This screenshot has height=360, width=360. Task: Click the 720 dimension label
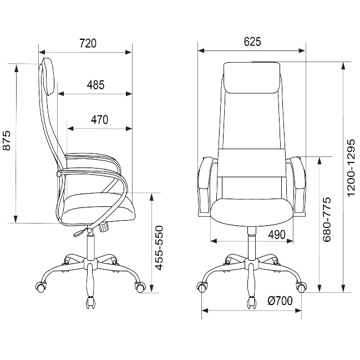[x=88, y=43]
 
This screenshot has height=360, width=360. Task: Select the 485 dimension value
[x=95, y=85]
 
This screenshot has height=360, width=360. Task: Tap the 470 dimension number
[x=100, y=120]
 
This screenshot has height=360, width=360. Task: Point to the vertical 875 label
[x=7, y=140]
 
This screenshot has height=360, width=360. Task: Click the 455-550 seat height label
[x=159, y=248]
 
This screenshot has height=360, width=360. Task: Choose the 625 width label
[x=252, y=42]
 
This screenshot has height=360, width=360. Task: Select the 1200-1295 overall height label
[x=351, y=168]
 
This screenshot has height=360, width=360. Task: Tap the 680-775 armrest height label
[x=327, y=220]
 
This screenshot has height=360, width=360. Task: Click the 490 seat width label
[x=277, y=235]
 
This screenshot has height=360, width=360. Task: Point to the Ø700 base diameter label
[x=280, y=301]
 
